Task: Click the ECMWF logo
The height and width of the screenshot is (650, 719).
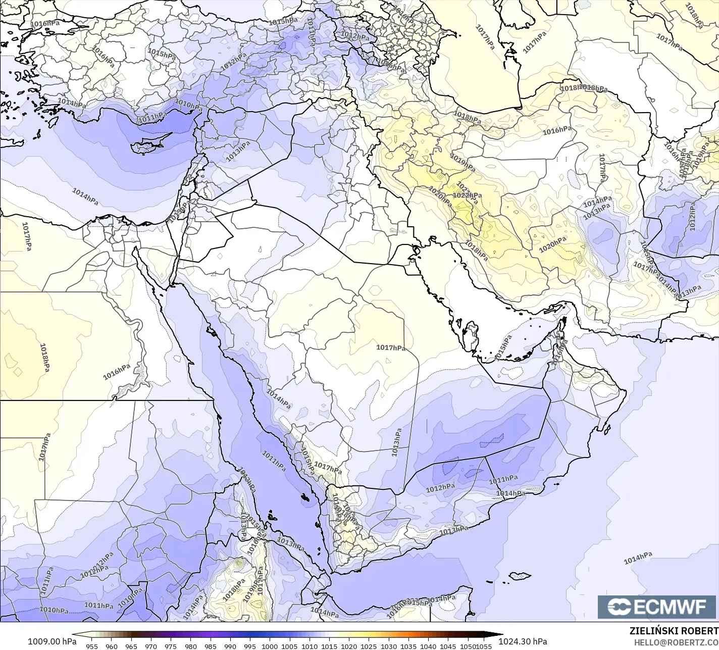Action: pos(657,607)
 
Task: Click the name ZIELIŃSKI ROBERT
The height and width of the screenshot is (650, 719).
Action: pos(674,631)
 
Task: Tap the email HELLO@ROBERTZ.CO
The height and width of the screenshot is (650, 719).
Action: pos(676,642)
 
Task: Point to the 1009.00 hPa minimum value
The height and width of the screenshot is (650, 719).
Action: pos(52,641)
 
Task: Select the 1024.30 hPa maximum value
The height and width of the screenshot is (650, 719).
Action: pos(523,641)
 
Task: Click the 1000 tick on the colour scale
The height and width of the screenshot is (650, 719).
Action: pos(270,646)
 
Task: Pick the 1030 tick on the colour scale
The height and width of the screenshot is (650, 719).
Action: pos(388,646)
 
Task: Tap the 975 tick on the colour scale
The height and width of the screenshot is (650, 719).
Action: pos(171,646)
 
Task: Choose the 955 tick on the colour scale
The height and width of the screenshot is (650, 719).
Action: pos(92,646)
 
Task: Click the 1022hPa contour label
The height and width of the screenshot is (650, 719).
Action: pos(467,195)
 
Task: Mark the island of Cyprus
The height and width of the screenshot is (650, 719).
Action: pos(146,145)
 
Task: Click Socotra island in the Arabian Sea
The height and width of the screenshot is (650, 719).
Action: pos(520,576)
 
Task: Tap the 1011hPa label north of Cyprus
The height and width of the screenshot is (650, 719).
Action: pos(152,118)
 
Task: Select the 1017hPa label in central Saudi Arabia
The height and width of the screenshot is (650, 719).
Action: pos(391,347)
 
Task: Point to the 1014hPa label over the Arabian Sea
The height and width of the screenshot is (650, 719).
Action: pos(638,558)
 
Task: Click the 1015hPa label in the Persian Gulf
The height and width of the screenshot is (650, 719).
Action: pos(503,347)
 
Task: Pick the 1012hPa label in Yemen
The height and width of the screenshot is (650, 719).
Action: pos(440,488)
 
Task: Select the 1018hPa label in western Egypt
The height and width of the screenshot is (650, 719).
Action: pos(44,357)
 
